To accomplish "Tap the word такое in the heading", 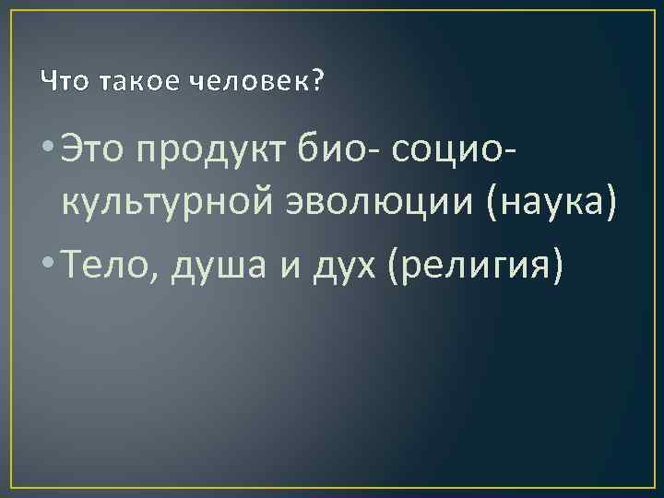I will [126, 84].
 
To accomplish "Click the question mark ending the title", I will [318, 84].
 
